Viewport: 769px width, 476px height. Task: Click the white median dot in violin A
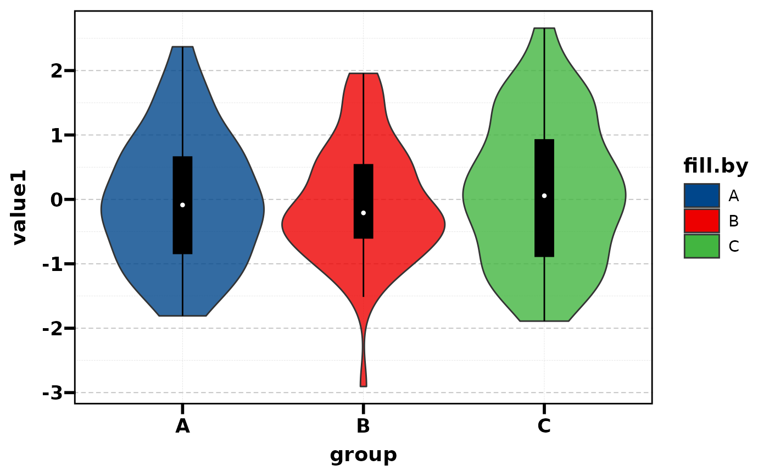pos(182,205)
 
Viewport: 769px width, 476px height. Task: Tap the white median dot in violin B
pos(363,213)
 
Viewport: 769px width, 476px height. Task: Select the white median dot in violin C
pos(544,196)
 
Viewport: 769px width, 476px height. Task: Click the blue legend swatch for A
pos(701,195)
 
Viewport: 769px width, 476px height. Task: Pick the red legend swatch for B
pos(701,221)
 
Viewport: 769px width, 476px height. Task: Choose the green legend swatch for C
pos(701,246)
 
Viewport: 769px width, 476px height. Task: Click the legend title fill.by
pos(715,166)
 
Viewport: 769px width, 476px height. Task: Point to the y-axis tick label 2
pos(57,71)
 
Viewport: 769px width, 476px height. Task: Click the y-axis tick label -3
pos(53,393)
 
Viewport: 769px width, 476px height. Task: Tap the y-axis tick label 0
pos(57,200)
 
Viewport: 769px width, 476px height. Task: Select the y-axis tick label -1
pos(53,264)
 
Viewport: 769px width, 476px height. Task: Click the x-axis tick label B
pos(363,427)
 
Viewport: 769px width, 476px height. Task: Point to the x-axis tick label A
pos(182,427)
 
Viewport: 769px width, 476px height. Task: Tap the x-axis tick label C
pos(544,427)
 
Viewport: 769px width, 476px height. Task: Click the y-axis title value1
pos(20,207)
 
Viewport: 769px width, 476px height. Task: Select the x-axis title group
pos(363,455)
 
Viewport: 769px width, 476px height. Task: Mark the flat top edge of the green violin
pos(544,29)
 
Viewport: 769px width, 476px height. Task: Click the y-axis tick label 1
pos(57,135)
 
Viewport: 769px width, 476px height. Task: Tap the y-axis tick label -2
pos(53,329)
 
